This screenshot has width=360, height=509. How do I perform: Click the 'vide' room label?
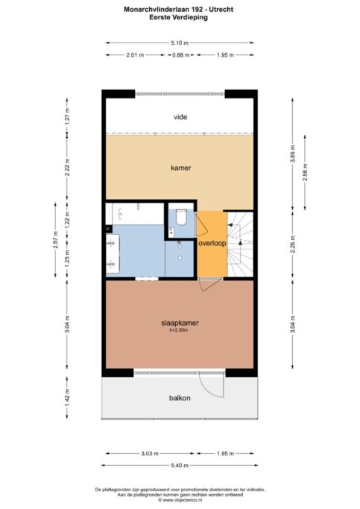[x=180, y=117]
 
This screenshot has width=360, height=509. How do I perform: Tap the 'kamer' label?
[x=181, y=168]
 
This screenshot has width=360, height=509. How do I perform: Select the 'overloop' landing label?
[x=212, y=243]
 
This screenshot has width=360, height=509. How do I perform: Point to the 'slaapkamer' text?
[x=180, y=323]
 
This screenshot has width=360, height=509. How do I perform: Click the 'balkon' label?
[x=180, y=398]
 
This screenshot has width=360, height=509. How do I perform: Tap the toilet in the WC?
[x=181, y=217]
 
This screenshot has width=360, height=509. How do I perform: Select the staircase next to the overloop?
[x=240, y=244]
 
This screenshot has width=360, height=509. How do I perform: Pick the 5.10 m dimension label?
[x=180, y=42]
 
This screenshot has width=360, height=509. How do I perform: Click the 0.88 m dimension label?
[x=181, y=55]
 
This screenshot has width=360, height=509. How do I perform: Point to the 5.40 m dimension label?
[x=180, y=466]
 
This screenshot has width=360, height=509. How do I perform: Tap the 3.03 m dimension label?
[x=150, y=454]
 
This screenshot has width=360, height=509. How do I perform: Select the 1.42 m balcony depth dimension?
[x=67, y=397]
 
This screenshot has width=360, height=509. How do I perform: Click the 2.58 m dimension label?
[x=305, y=172]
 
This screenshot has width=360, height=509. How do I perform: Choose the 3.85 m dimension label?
[x=292, y=154]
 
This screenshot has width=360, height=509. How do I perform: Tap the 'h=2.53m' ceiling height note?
[x=179, y=330]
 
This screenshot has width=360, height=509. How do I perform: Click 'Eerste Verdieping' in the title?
[x=179, y=17]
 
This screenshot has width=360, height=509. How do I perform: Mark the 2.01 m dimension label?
[x=135, y=55]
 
